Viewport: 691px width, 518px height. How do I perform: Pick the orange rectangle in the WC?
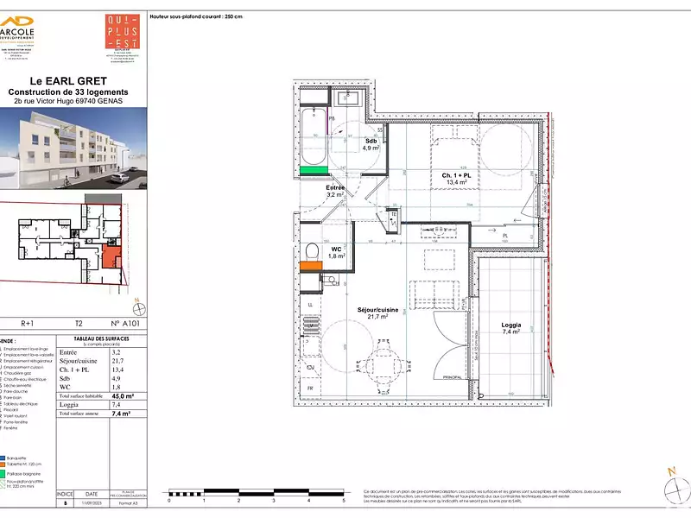[x=310, y=267]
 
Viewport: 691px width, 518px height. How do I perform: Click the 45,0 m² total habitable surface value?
[x=111, y=396]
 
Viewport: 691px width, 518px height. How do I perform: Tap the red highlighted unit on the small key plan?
[x=111, y=256]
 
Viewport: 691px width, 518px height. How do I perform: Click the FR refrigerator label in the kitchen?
[x=310, y=388]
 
